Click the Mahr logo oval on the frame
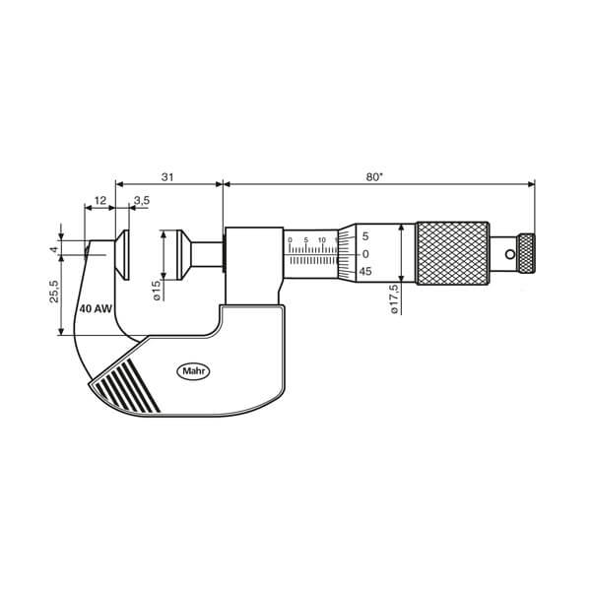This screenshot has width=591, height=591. click(193, 371)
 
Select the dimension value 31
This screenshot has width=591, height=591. click(167, 176)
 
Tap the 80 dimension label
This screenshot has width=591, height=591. click(374, 176)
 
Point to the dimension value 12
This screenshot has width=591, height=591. click(99, 200)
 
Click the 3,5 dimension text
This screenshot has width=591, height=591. click(141, 200)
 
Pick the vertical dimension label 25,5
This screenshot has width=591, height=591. click(54, 291)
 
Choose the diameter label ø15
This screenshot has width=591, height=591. click(157, 291)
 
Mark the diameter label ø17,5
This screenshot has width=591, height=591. click(394, 298)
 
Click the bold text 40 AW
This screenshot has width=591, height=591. click(96, 308)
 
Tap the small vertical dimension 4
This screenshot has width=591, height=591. click(54, 249)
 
